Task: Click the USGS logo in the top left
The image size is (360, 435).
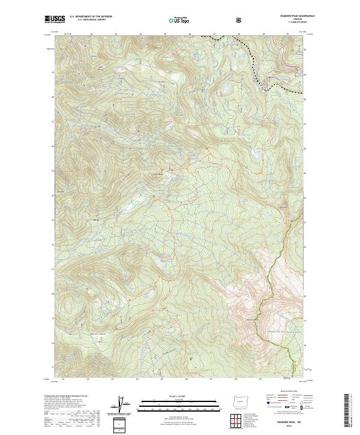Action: coord(55,20)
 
